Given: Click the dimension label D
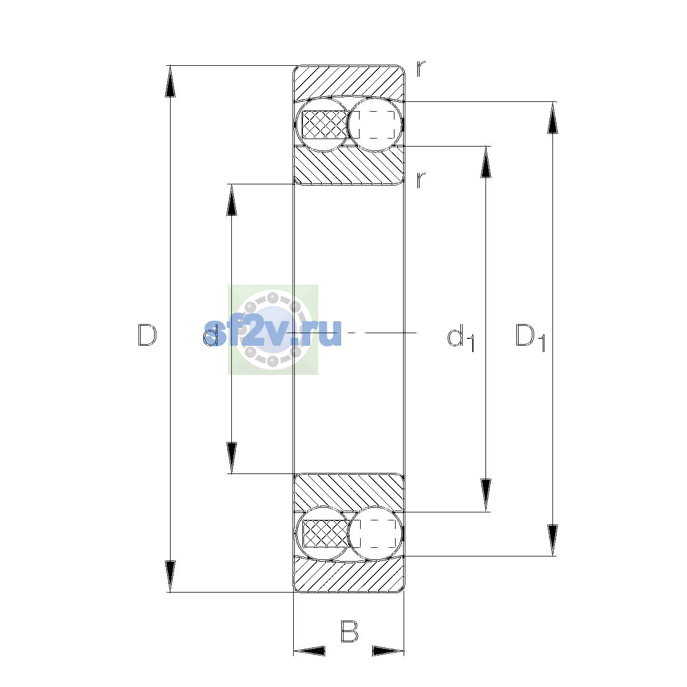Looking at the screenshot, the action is (x=147, y=335).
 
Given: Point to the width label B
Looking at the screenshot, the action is (x=349, y=631).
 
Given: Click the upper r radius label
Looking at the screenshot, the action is (x=421, y=69).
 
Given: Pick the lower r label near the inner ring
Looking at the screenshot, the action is (x=421, y=180).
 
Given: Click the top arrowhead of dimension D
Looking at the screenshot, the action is (x=170, y=81).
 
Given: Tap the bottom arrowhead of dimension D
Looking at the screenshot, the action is (x=170, y=577).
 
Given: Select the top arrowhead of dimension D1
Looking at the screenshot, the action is (x=552, y=118).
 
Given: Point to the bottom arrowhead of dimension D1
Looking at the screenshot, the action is (x=552, y=540).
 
